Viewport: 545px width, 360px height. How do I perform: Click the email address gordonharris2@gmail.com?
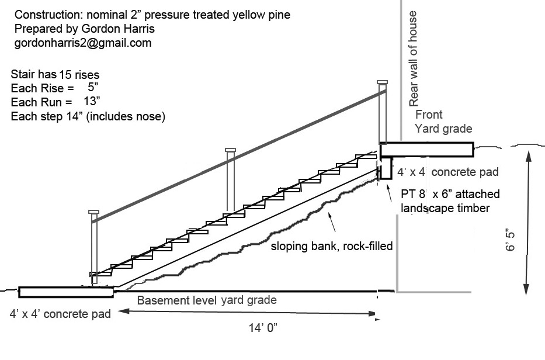[x=82, y=43]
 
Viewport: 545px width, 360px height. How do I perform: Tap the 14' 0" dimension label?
[x=262, y=328]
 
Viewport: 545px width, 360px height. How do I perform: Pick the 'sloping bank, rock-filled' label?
[x=331, y=246]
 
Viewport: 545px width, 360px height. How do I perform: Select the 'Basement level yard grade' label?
[x=206, y=300]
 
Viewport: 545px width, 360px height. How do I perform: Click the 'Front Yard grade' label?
[x=443, y=122]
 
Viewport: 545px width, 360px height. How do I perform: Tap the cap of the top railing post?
[x=382, y=82]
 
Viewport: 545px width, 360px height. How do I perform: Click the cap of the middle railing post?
[x=230, y=150]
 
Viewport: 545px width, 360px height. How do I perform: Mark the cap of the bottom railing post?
[x=94, y=212]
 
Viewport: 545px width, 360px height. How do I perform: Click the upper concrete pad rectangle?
[x=426, y=150]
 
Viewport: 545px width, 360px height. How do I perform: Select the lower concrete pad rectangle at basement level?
[x=66, y=292]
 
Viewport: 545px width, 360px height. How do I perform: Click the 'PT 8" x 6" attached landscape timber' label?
[x=449, y=200]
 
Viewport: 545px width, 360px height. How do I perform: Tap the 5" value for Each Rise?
[x=93, y=88]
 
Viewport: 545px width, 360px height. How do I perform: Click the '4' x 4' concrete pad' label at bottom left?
[x=60, y=314]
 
